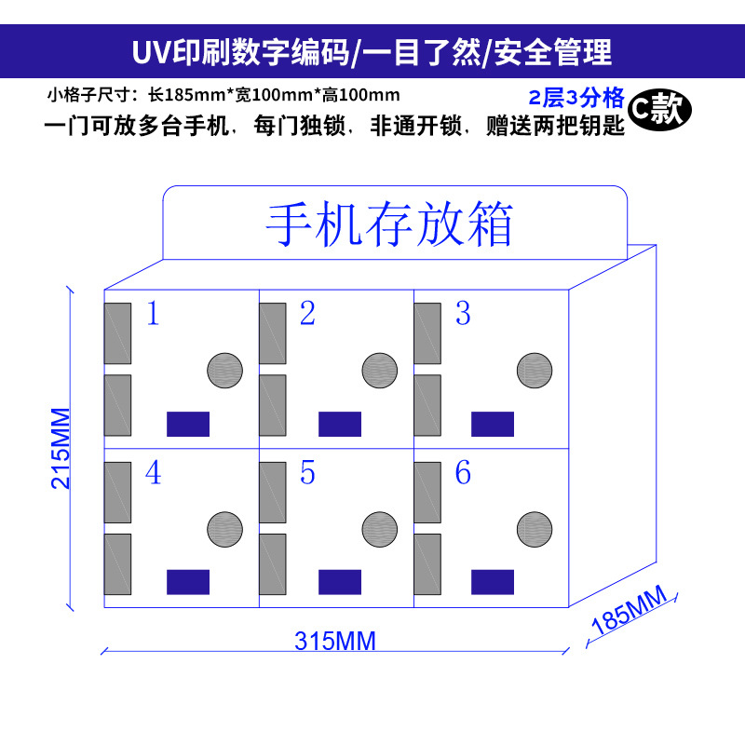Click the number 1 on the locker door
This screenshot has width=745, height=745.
154,314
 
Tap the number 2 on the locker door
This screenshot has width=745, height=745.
307,314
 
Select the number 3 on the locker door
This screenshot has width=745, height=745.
463,314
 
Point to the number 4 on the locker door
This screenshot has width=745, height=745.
154,473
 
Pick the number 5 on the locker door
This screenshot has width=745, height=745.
307,473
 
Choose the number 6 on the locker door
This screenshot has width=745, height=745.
463,473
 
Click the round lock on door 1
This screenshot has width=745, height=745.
224,371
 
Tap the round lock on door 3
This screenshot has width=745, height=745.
535,371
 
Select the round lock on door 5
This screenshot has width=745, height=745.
380,529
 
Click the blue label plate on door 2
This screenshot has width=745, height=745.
339,424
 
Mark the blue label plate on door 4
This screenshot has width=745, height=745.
187,582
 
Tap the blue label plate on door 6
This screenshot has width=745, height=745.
493,582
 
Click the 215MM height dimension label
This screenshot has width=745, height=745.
60,448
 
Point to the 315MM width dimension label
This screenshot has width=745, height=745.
334,641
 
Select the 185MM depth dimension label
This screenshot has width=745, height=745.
630,611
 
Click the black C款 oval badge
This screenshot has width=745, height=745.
659,109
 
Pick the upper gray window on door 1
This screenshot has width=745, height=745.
117,333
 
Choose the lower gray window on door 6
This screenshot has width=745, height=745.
427,564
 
